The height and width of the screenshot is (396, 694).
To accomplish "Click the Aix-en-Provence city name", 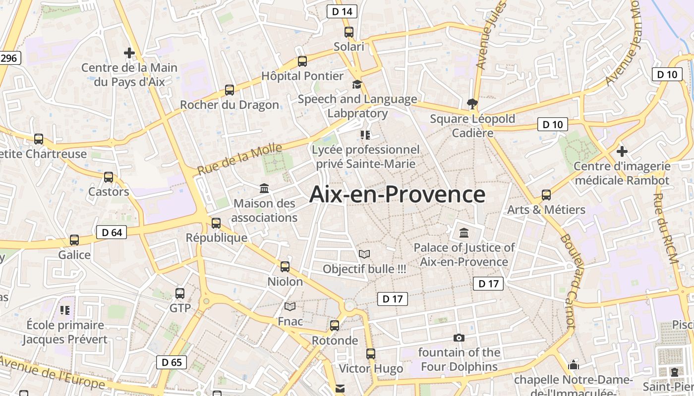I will pos(397,195).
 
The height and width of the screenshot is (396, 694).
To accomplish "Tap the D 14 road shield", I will pos(342,11).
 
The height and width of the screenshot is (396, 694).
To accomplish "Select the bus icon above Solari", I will pos(349,32).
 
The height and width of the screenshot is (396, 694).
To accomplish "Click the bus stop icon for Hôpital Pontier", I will pos(302,61).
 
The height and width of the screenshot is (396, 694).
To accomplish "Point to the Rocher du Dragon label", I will pos(229,105).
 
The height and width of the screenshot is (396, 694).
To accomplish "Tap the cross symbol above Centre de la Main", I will pos(129,52).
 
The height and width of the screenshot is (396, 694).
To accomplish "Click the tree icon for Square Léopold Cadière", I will pos(472,103).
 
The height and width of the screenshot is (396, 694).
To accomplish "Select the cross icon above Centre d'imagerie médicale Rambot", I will pos(622,151).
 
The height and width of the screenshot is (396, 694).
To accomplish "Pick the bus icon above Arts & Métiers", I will pos(546,195).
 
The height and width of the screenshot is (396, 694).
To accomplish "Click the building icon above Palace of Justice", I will pos(464,233).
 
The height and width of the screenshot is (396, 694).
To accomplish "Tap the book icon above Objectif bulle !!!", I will pos(364,254).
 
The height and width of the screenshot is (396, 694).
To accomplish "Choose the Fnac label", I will pos(290,321).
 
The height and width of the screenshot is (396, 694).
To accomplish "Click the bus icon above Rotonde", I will pos(335,326).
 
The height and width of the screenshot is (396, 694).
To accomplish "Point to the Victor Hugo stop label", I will pos(371,369).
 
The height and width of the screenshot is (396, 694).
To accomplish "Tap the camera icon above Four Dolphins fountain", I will pos(459,338).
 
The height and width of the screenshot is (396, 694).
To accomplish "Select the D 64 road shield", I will pos(111,232).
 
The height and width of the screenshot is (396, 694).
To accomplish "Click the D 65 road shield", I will pos(172,362).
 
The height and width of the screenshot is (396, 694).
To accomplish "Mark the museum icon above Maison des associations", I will pos(264,189).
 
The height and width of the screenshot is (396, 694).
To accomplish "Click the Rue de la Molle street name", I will pos(240,159).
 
